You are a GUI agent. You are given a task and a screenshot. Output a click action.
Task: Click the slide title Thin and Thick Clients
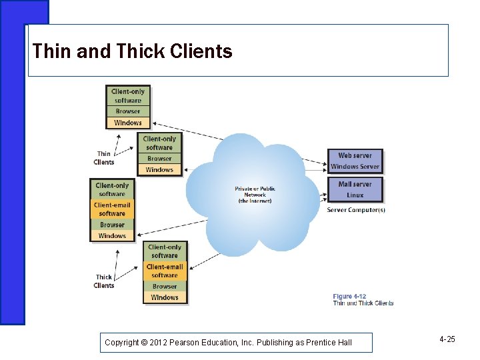coord(132,51)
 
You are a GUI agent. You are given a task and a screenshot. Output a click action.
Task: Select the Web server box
coord(355,155)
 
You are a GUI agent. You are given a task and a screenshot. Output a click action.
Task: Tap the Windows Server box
coord(355,167)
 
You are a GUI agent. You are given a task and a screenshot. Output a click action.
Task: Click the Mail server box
coord(355,184)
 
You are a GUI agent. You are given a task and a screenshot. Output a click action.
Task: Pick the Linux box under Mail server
coord(355,195)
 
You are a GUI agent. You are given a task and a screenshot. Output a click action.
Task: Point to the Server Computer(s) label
coord(356,210)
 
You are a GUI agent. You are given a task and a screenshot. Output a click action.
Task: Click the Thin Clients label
coord(104,158)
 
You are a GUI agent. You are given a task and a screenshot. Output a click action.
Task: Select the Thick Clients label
coord(104,281)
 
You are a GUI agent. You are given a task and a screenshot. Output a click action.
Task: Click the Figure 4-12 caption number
coord(349,297)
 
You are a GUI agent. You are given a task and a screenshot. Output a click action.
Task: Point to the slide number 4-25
coord(447,340)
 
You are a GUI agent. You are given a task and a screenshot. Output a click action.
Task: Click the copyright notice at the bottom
coord(228,343)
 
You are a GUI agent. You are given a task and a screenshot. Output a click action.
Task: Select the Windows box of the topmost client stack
coord(128,123)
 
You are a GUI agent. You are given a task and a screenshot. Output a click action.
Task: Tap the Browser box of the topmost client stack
coord(128,111)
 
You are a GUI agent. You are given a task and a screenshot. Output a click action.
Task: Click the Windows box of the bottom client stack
coord(165,297)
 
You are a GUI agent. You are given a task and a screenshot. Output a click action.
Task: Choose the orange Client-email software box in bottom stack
coord(165,271)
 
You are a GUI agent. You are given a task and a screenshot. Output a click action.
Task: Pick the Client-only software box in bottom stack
coord(165,251)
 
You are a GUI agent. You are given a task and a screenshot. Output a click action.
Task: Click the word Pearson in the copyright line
coord(191,343)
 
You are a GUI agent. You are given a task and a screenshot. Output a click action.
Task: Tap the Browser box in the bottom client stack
coord(165,287)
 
